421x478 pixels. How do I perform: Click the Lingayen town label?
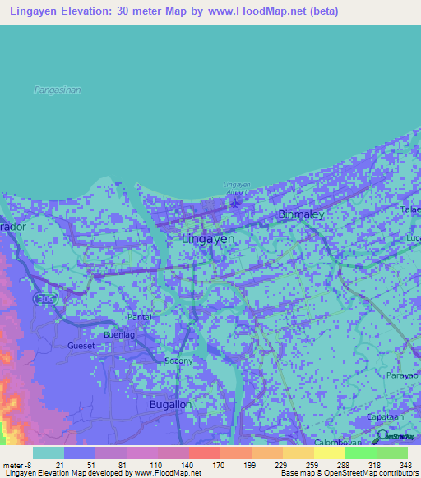pos(207,238)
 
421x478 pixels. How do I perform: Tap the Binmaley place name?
pos(302,214)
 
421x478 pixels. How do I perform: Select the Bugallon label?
pos(171,405)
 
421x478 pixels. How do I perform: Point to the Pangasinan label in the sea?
pos(58,90)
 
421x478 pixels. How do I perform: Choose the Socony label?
pos(178,361)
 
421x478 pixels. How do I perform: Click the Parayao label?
pos(401,375)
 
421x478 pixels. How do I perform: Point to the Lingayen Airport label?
pos(236,186)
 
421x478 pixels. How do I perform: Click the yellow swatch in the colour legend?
pos(329,453)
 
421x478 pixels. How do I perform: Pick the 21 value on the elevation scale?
pos(59,465)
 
